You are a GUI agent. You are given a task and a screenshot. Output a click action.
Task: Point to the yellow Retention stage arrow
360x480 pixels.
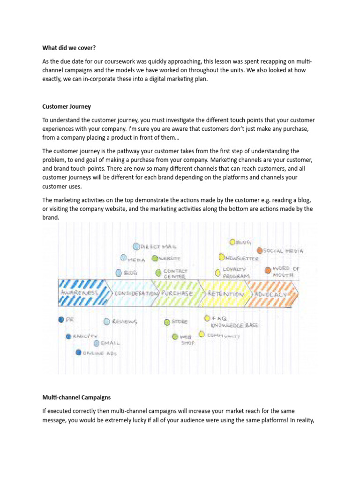[224, 293]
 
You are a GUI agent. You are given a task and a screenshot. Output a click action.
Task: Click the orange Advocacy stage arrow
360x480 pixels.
[272, 293]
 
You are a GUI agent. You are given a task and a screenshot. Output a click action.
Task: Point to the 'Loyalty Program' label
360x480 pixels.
[236, 273]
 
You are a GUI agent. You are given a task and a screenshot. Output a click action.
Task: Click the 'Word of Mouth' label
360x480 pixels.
[286, 272]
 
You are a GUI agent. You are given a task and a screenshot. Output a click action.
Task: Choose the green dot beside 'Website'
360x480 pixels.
[155, 258]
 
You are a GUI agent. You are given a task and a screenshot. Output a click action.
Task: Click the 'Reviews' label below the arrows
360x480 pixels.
[125, 322]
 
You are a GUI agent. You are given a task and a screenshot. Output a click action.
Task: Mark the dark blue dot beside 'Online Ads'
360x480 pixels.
[78, 352]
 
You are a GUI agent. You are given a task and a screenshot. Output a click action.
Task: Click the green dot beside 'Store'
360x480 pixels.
[167, 322]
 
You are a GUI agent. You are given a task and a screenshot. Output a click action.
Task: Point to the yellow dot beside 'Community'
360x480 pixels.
[202, 334]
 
